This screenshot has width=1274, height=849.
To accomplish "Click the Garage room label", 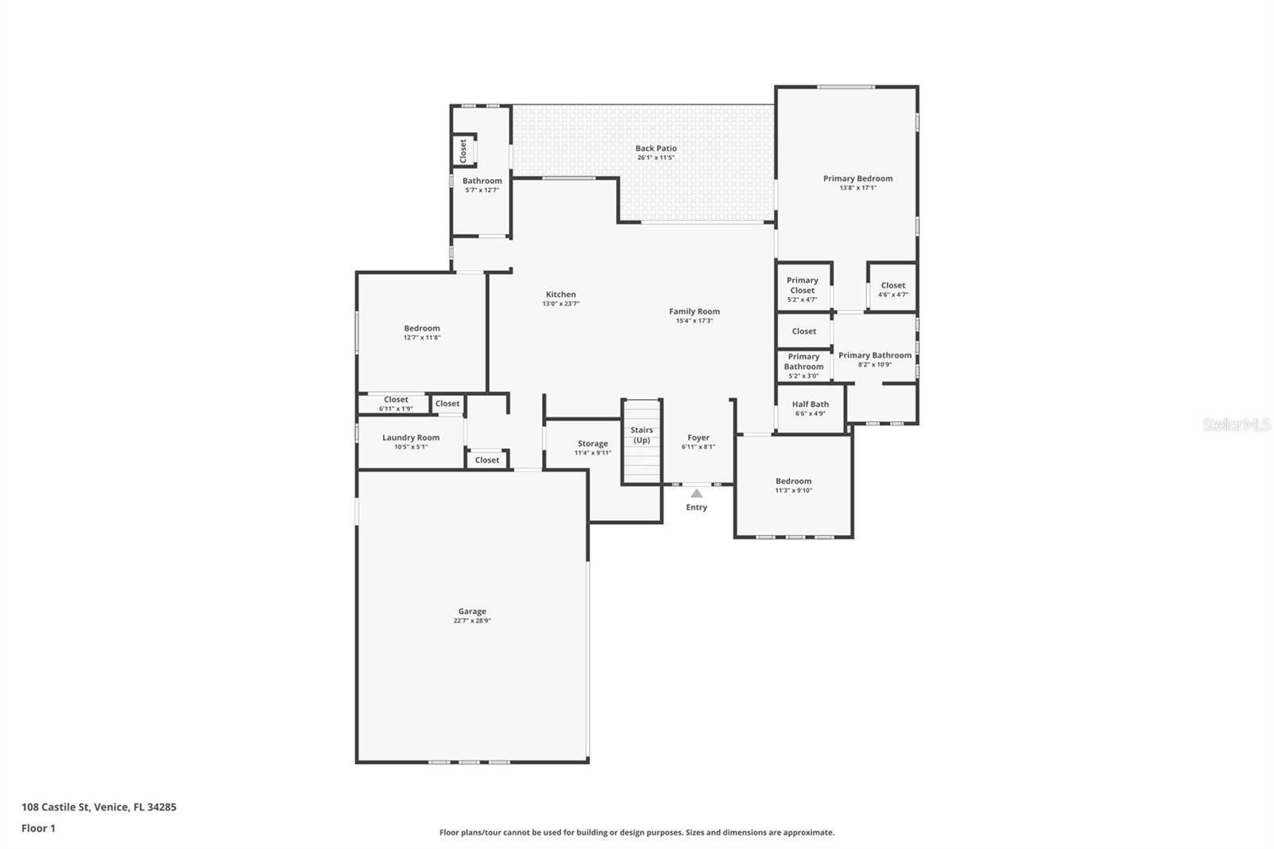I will click(x=471, y=612).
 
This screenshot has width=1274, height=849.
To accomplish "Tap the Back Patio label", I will click(x=655, y=148).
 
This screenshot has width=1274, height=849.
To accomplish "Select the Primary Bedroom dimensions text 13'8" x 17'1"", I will click(x=858, y=188).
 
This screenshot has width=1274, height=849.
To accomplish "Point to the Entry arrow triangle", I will click(x=697, y=494).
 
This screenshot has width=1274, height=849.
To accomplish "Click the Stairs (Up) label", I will click(x=642, y=435).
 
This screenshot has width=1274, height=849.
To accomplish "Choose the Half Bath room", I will click(x=810, y=408).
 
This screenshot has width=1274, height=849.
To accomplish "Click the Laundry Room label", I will click(x=410, y=437).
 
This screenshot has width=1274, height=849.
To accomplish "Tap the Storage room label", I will click(x=592, y=444).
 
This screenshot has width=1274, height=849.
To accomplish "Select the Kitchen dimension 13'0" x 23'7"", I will click(x=561, y=303).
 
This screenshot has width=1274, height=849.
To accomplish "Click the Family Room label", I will click(x=694, y=311).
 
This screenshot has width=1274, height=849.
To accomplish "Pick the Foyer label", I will click(x=698, y=437).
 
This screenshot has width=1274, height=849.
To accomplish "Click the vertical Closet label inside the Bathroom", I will click(x=463, y=151).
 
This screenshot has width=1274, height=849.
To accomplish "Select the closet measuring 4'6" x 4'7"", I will click(x=893, y=289).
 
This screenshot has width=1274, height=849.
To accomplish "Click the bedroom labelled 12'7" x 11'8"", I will click(x=421, y=332).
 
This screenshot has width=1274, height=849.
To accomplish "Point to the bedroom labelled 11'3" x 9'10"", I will click(x=793, y=485).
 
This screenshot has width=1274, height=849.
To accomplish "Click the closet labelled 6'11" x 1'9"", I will click(x=396, y=404).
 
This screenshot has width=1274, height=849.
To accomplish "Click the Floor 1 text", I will click(x=38, y=828).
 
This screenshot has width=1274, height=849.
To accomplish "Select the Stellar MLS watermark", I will click(x=1236, y=424).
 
